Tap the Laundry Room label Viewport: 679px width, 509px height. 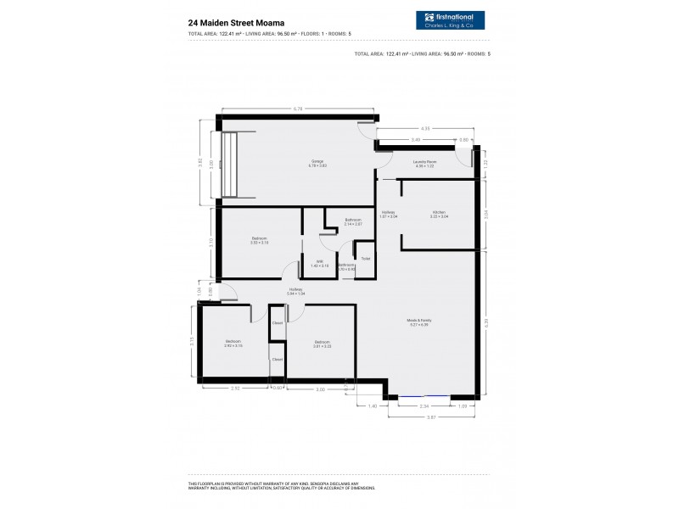[x=425, y=162]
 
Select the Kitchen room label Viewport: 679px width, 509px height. [x=438, y=214]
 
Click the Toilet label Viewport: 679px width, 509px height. [x=365, y=258]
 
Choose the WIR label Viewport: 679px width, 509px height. [x=319, y=263]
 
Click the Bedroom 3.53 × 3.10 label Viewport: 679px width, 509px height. [x=260, y=240]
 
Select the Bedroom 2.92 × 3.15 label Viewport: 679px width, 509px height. [x=233, y=343]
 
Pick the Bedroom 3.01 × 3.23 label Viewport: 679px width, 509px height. [x=322, y=344]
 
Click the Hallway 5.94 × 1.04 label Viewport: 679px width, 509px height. [x=295, y=291]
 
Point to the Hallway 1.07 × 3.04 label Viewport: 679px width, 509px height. [x=389, y=214]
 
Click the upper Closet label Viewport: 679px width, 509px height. [x=277, y=323]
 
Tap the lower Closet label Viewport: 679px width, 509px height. [x=277, y=360]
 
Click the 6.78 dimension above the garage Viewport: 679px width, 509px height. [x=298, y=109]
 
